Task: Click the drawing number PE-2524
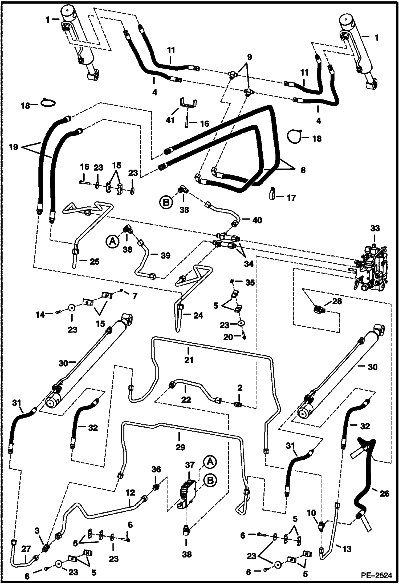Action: click(377, 576)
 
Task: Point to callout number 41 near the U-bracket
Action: click(170, 120)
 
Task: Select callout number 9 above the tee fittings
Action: click(249, 57)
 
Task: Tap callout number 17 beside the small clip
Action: click(291, 198)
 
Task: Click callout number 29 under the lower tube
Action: click(180, 447)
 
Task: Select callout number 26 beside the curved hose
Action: click(384, 494)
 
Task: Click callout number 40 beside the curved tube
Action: click(257, 220)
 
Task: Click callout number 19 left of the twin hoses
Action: click(13, 147)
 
